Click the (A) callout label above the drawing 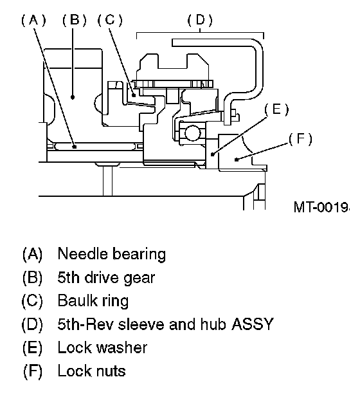(33, 20)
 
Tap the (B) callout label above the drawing (75, 20)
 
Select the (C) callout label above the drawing (110, 20)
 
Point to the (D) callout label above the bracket (200, 20)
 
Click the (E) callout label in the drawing (276, 109)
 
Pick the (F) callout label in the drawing (300, 139)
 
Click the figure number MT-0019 (321, 207)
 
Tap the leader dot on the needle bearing (75, 147)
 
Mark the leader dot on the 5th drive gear (73, 97)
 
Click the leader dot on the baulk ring (134, 95)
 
